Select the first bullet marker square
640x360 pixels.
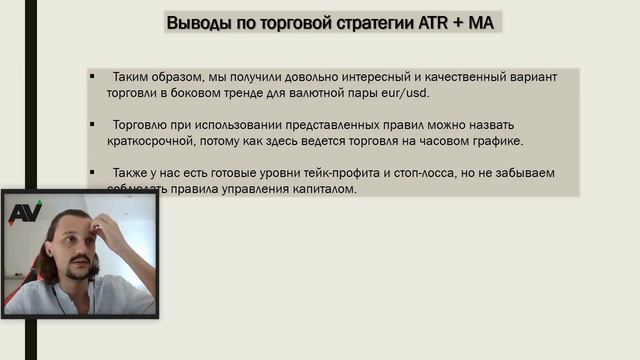coord(92,76)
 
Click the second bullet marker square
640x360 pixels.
coord(92,125)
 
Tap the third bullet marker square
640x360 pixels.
coord(92,173)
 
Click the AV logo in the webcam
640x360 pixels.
coord(24,212)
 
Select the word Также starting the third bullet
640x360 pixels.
coord(130,174)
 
